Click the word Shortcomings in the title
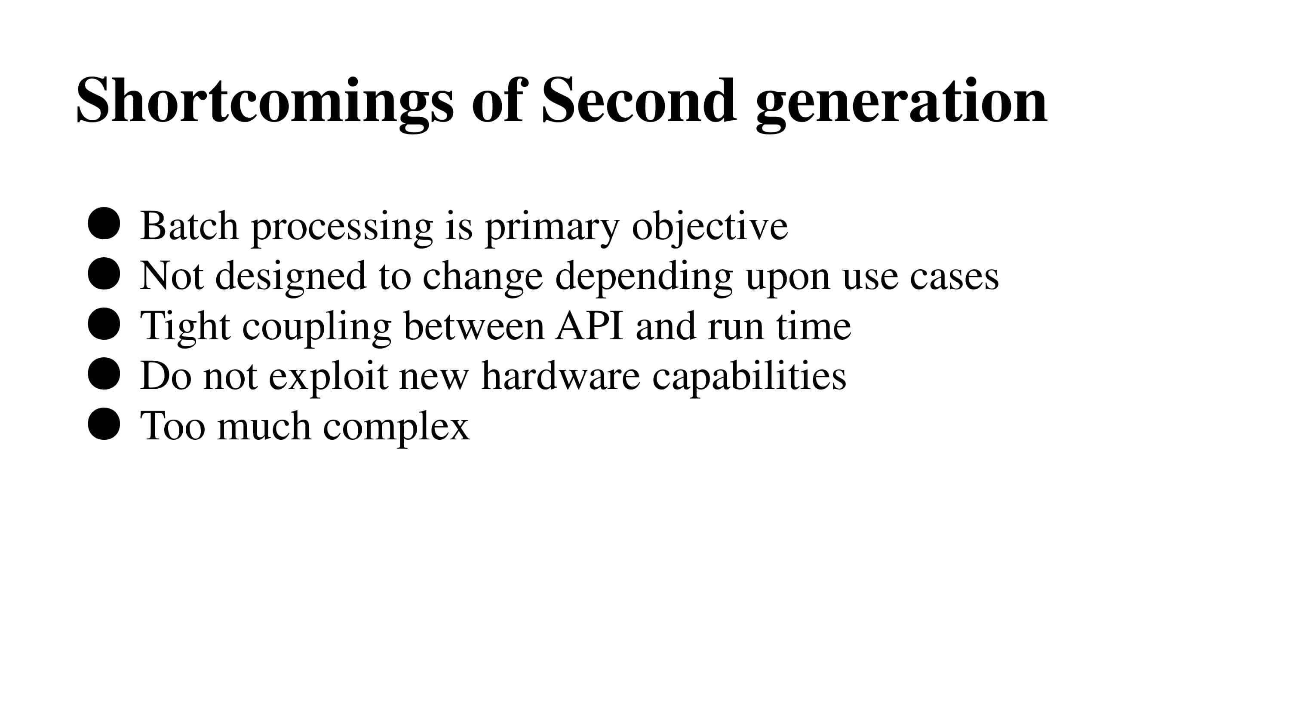point(264,101)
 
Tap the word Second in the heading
point(639,101)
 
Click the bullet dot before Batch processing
point(104,224)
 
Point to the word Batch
point(189,226)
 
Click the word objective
point(709,226)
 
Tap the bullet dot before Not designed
point(104,274)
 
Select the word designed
point(290,276)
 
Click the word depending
point(644,276)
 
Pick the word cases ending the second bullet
point(954,276)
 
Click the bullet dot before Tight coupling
point(104,324)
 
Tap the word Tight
point(185,326)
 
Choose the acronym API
point(590,326)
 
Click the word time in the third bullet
point(814,326)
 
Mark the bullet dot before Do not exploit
point(104,374)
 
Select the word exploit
point(328,376)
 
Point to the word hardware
point(560,376)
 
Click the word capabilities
point(749,376)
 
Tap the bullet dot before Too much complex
point(104,424)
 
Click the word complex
point(396,426)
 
